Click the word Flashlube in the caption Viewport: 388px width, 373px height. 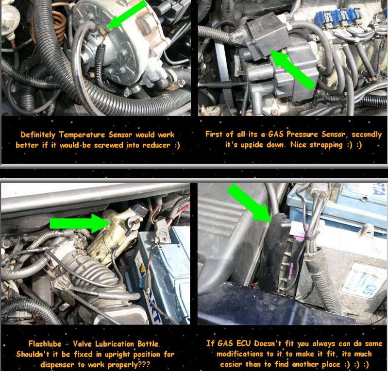pos(45,344)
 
